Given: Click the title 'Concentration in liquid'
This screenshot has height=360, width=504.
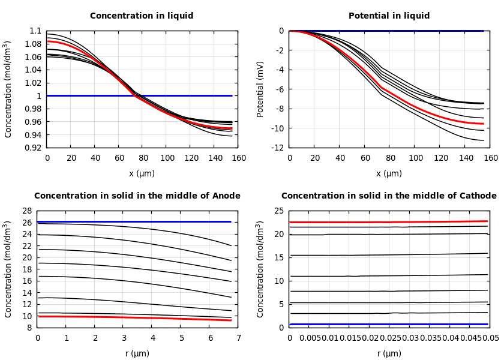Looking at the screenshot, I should [x=142, y=16].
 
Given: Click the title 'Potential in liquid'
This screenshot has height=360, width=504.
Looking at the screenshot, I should [x=389, y=16].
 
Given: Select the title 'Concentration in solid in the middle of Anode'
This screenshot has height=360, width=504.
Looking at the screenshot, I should [x=137, y=196].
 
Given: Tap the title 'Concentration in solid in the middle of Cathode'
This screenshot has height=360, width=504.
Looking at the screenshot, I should [x=389, y=196].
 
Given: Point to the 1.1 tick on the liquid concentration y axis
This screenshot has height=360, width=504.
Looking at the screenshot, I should [x=35, y=31].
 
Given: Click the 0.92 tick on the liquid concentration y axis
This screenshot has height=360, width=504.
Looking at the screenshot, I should [x=35, y=148].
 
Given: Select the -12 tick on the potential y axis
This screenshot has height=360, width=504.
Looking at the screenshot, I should [x=278, y=148].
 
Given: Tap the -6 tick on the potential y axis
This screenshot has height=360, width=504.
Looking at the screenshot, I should [x=280, y=89].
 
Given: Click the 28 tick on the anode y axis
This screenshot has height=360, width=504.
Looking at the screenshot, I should [x=26, y=211].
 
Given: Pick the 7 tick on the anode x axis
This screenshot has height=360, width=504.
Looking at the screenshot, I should [x=238, y=338].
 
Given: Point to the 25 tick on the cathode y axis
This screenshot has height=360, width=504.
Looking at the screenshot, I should [x=278, y=211].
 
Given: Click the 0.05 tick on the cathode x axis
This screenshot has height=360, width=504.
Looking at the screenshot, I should [x=491, y=338].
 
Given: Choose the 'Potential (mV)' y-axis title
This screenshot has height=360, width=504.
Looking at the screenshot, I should [x=260, y=89].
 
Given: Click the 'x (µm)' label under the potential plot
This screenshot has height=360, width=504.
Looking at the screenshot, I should [x=389, y=174].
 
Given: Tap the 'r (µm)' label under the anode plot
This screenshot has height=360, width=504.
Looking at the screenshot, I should [x=137, y=354].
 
